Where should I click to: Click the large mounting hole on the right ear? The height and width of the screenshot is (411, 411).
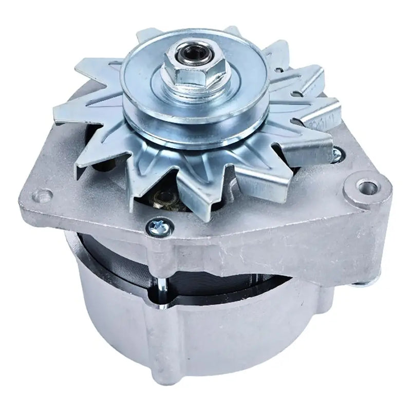coord(365,186)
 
